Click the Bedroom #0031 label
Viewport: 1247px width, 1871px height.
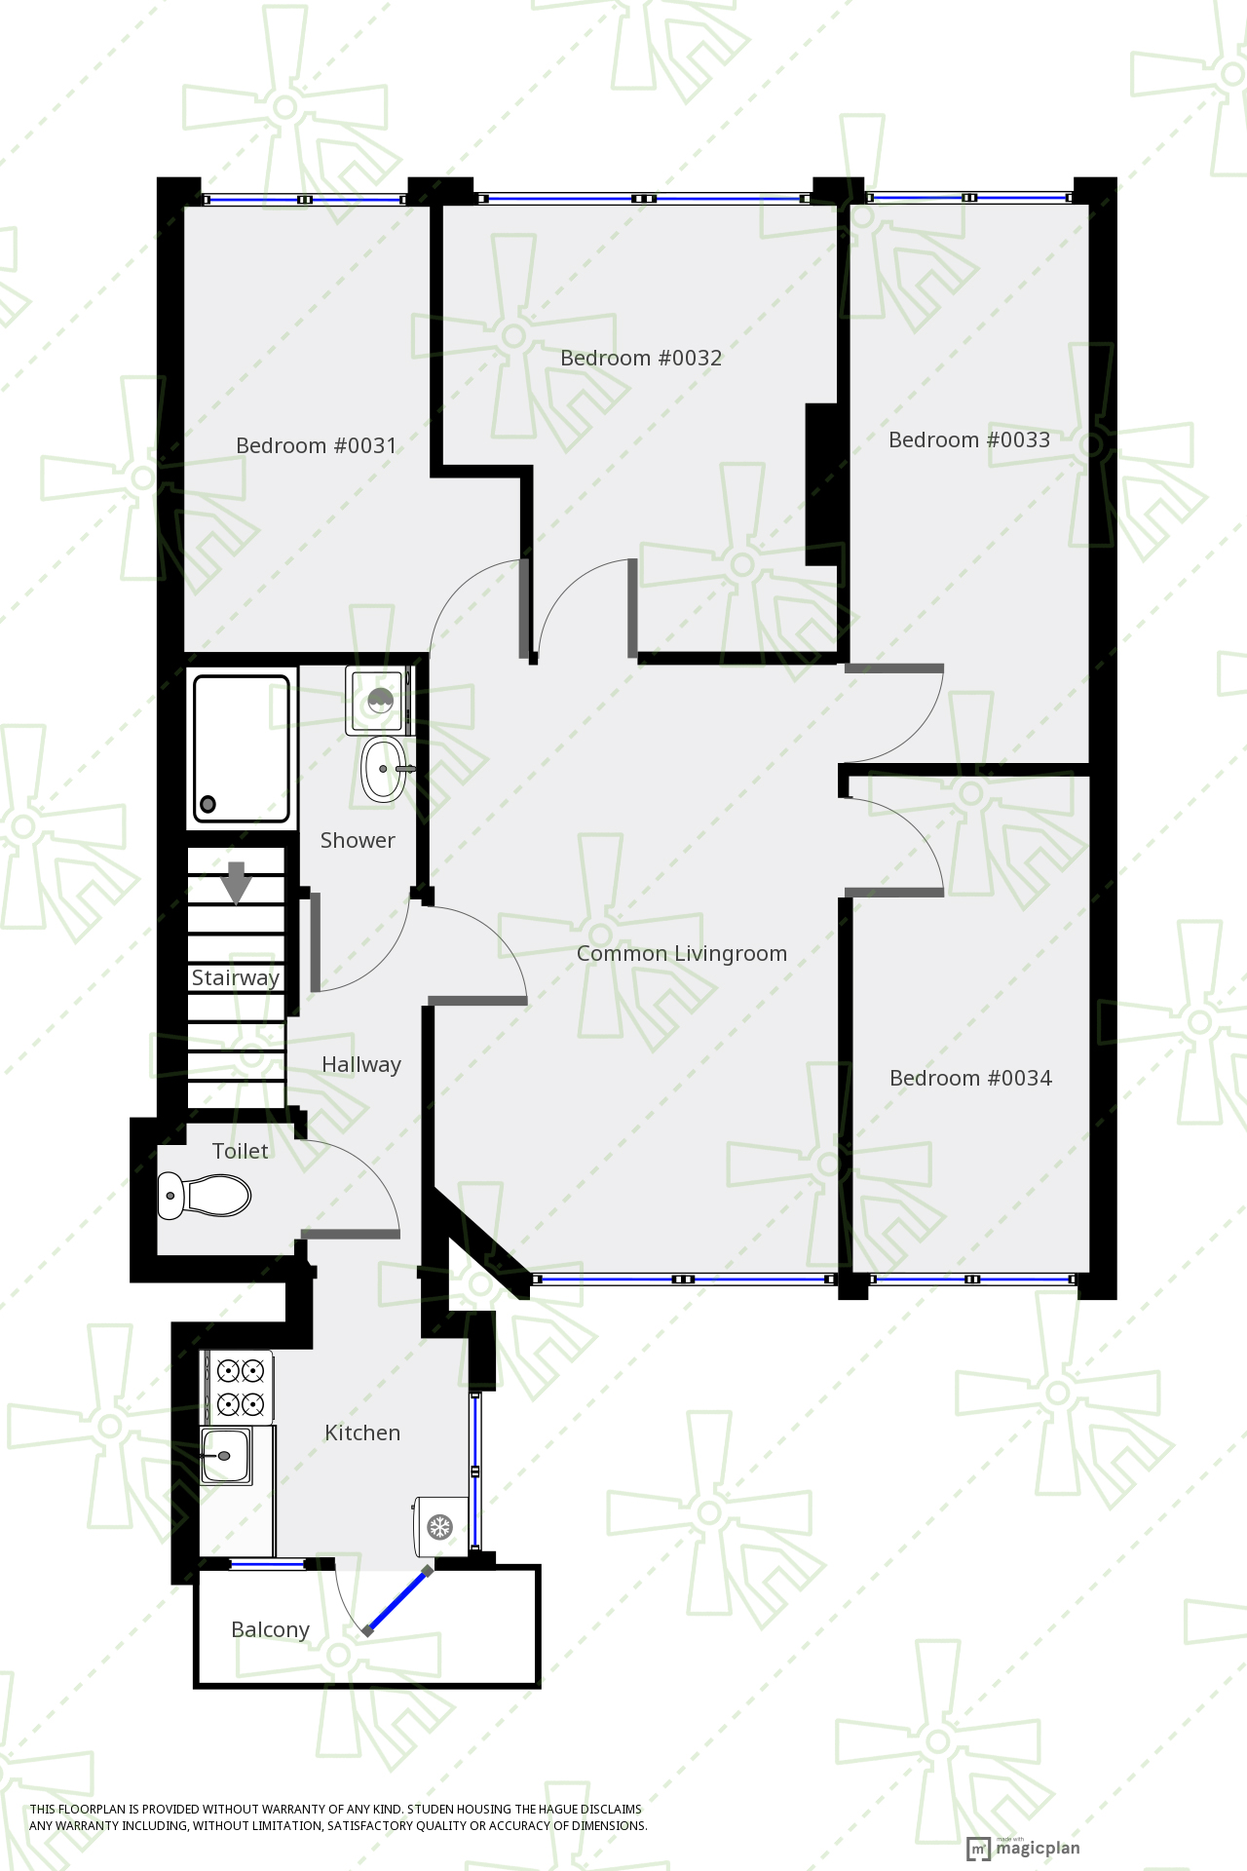(317, 446)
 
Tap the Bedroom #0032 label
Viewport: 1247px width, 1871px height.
(641, 359)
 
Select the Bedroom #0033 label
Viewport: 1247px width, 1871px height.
(969, 440)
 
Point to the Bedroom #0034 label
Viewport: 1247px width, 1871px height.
(970, 1079)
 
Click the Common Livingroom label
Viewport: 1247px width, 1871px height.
(682, 954)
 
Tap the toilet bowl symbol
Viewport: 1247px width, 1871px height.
(205, 1195)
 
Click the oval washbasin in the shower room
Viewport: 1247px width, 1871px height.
(384, 769)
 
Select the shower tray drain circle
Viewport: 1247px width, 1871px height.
(208, 805)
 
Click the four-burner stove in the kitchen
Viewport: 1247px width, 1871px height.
(239, 1388)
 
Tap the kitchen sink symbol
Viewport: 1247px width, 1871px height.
(226, 1455)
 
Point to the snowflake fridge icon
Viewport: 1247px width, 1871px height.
(440, 1527)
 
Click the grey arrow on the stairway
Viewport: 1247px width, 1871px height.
(236, 883)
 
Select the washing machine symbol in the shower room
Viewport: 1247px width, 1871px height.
(378, 701)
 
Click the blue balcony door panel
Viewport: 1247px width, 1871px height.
(397, 1599)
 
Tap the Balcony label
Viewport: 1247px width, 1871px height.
(270, 1630)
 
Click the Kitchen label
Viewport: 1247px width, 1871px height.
(362, 1433)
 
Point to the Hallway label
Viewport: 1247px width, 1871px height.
(361, 1065)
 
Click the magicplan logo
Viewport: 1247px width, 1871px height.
(1023, 1848)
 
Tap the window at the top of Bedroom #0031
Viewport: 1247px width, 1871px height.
(305, 200)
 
